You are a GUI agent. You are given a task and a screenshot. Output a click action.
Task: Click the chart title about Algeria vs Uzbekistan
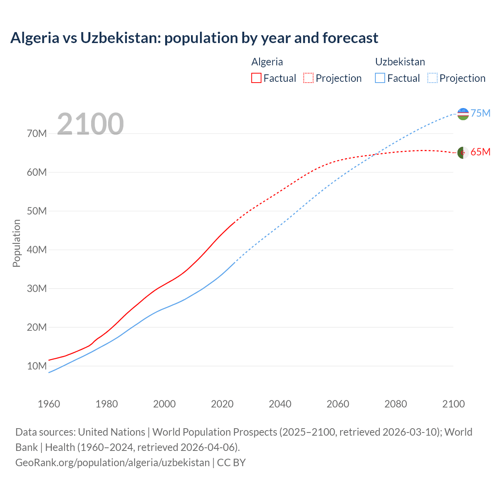tap(194, 38)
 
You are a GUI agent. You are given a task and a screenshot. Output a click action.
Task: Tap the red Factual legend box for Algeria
tap(256, 78)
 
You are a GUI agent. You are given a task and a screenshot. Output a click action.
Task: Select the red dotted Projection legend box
tap(308, 78)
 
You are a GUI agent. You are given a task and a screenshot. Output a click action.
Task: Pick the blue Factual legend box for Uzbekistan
tap(380, 78)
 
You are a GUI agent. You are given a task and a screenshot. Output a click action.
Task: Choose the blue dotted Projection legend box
tap(432, 78)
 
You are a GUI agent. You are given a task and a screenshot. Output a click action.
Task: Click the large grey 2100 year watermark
tap(90, 124)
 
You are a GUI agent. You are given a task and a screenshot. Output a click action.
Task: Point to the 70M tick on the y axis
tap(37, 134)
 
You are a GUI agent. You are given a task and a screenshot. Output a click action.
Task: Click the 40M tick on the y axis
tap(37, 250)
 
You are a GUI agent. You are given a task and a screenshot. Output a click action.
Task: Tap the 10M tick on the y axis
tap(37, 366)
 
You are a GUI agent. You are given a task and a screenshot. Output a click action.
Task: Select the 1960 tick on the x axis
tap(49, 404)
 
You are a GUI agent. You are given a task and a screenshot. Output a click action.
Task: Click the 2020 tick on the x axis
tap(222, 404)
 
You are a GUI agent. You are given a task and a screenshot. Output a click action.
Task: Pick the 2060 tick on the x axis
tap(338, 404)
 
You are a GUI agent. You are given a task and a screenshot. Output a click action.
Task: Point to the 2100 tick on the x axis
tap(453, 404)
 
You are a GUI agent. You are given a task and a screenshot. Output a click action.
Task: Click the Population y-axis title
tap(16, 243)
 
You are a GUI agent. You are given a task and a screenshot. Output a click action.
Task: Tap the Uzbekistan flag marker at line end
tap(463, 114)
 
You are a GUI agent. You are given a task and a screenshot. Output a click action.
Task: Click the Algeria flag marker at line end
tap(463, 153)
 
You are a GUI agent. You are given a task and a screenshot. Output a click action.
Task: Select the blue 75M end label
tap(481, 113)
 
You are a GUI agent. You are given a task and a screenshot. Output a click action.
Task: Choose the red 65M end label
tap(481, 152)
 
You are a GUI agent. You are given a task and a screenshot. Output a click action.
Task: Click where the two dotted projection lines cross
tap(374, 155)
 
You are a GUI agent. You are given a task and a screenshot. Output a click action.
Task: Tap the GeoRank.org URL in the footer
tap(113, 463)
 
